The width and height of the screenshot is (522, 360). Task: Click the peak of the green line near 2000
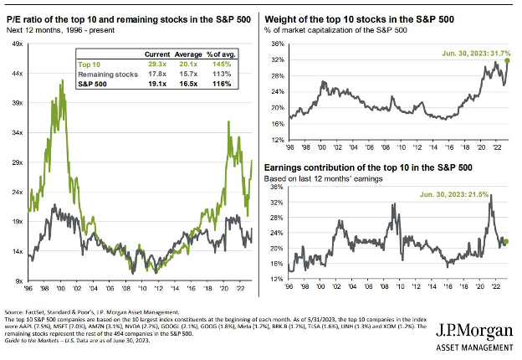pos(62,80)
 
